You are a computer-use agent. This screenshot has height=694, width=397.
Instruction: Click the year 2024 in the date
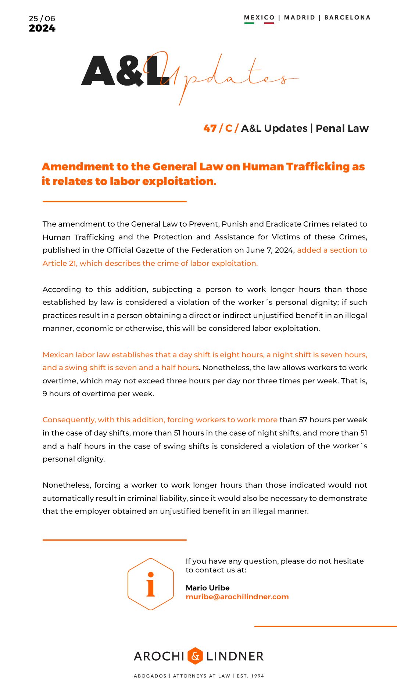[x=42, y=28]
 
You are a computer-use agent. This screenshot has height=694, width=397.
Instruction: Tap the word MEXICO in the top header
[x=259, y=17]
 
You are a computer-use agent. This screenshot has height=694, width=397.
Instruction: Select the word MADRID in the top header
[x=300, y=17]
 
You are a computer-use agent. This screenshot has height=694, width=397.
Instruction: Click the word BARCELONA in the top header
[x=347, y=17]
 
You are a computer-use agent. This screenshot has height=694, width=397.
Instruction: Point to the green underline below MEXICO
[x=249, y=23]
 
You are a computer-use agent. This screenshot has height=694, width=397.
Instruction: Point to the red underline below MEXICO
[x=269, y=23]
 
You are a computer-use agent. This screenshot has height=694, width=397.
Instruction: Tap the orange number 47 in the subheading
[x=210, y=128]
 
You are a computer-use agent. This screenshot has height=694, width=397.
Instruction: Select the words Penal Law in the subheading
[x=342, y=128]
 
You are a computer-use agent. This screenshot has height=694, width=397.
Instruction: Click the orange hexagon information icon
[x=151, y=584]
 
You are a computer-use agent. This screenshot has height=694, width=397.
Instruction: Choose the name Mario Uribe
[x=207, y=588]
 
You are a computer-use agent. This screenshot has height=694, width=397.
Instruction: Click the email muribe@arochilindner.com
[x=237, y=597]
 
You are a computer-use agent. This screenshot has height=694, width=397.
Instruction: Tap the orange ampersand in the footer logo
[x=195, y=656]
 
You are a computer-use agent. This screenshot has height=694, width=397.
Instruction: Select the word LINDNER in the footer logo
[x=235, y=656]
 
